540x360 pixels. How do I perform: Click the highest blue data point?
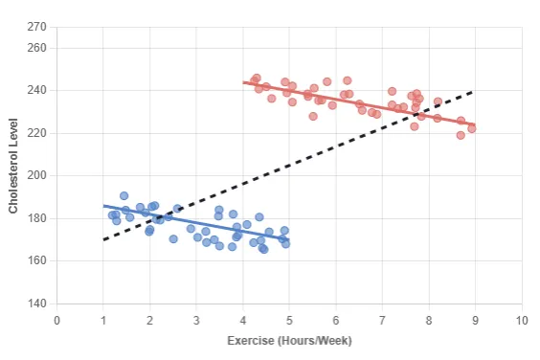[124, 195]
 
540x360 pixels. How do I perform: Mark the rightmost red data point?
[471, 128]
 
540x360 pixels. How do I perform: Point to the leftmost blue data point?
[112, 215]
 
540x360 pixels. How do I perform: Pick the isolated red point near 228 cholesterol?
[313, 116]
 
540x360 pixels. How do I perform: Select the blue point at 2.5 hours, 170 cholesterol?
[173, 239]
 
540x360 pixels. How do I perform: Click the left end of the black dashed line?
[103, 239]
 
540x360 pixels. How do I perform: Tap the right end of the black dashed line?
[474, 92]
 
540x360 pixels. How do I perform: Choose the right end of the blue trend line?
[288, 239]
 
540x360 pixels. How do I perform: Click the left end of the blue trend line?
[103, 205]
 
